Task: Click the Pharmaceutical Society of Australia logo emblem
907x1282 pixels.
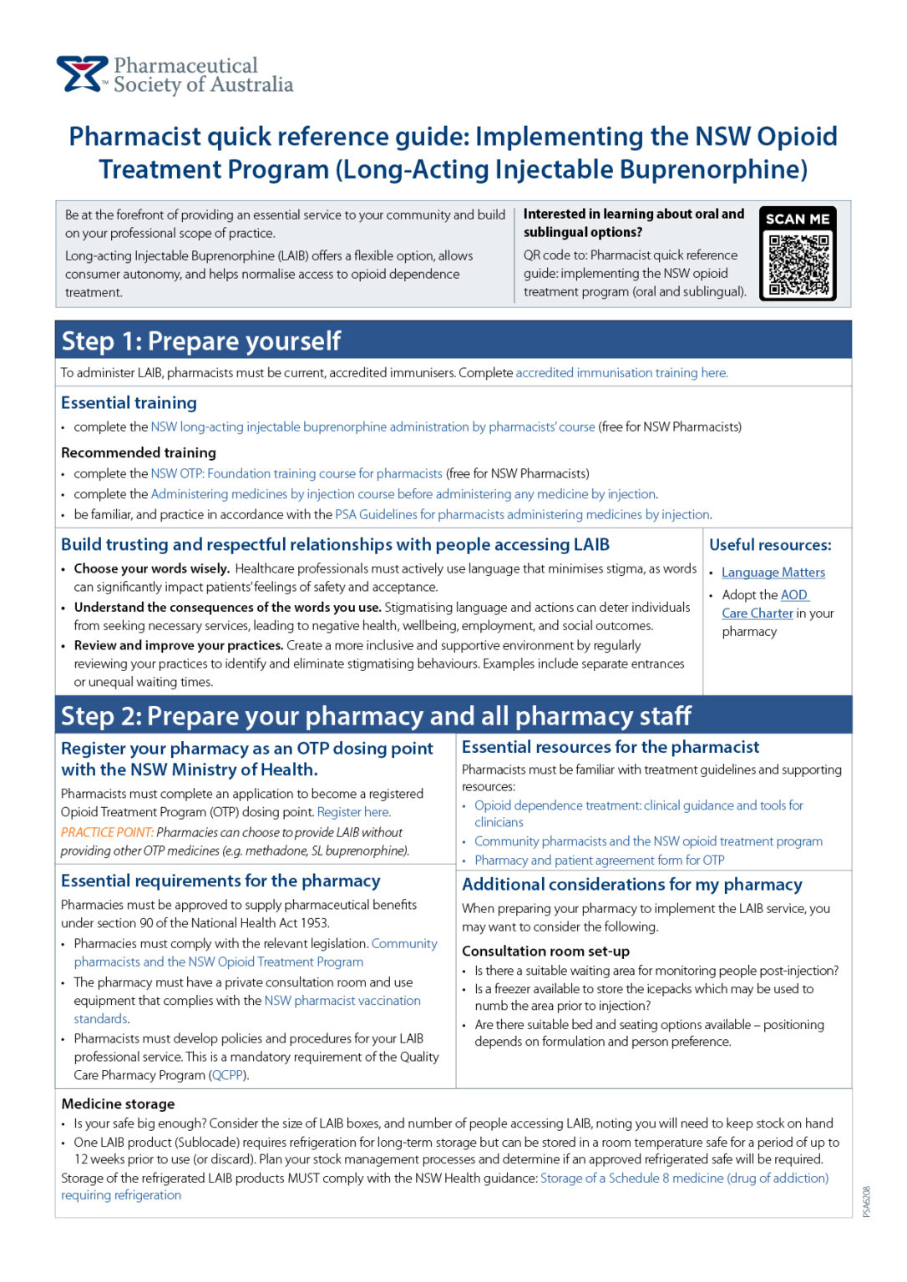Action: [x=82, y=73]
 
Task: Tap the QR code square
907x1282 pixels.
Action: [x=798, y=265]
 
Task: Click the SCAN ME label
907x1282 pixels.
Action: [x=798, y=219]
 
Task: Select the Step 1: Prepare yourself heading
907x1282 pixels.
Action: [x=201, y=341]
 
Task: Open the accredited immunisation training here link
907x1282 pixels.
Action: [x=621, y=373]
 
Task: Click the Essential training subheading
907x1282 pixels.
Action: [x=129, y=403]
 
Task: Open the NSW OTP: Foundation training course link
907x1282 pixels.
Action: [x=296, y=473]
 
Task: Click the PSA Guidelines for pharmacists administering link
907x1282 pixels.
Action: [x=523, y=514]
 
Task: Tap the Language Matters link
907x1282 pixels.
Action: [x=773, y=573]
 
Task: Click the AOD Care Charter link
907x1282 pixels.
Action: [x=758, y=613]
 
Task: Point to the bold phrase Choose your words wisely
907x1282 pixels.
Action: [x=151, y=568]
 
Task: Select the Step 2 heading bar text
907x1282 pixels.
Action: [x=376, y=716]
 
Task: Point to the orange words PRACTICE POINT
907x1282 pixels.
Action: [x=107, y=832]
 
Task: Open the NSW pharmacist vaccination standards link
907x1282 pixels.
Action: [x=342, y=1001]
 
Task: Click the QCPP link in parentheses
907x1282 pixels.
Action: [x=227, y=1075]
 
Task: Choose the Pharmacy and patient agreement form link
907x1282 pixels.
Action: [x=599, y=861]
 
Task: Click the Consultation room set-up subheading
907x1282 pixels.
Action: [x=545, y=951]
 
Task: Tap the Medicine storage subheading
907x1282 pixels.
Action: [x=118, y=1103]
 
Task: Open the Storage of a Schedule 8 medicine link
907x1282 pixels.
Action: [x=684, y=1178]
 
